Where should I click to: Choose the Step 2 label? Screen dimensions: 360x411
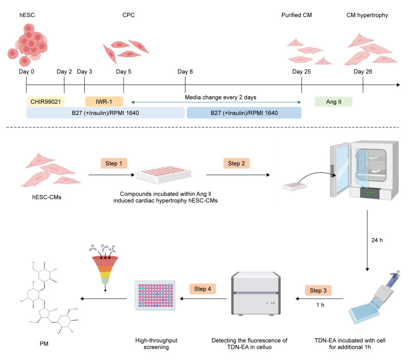click(x=237, y=164)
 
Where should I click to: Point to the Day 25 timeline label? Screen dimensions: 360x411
click(x=302, y=72)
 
